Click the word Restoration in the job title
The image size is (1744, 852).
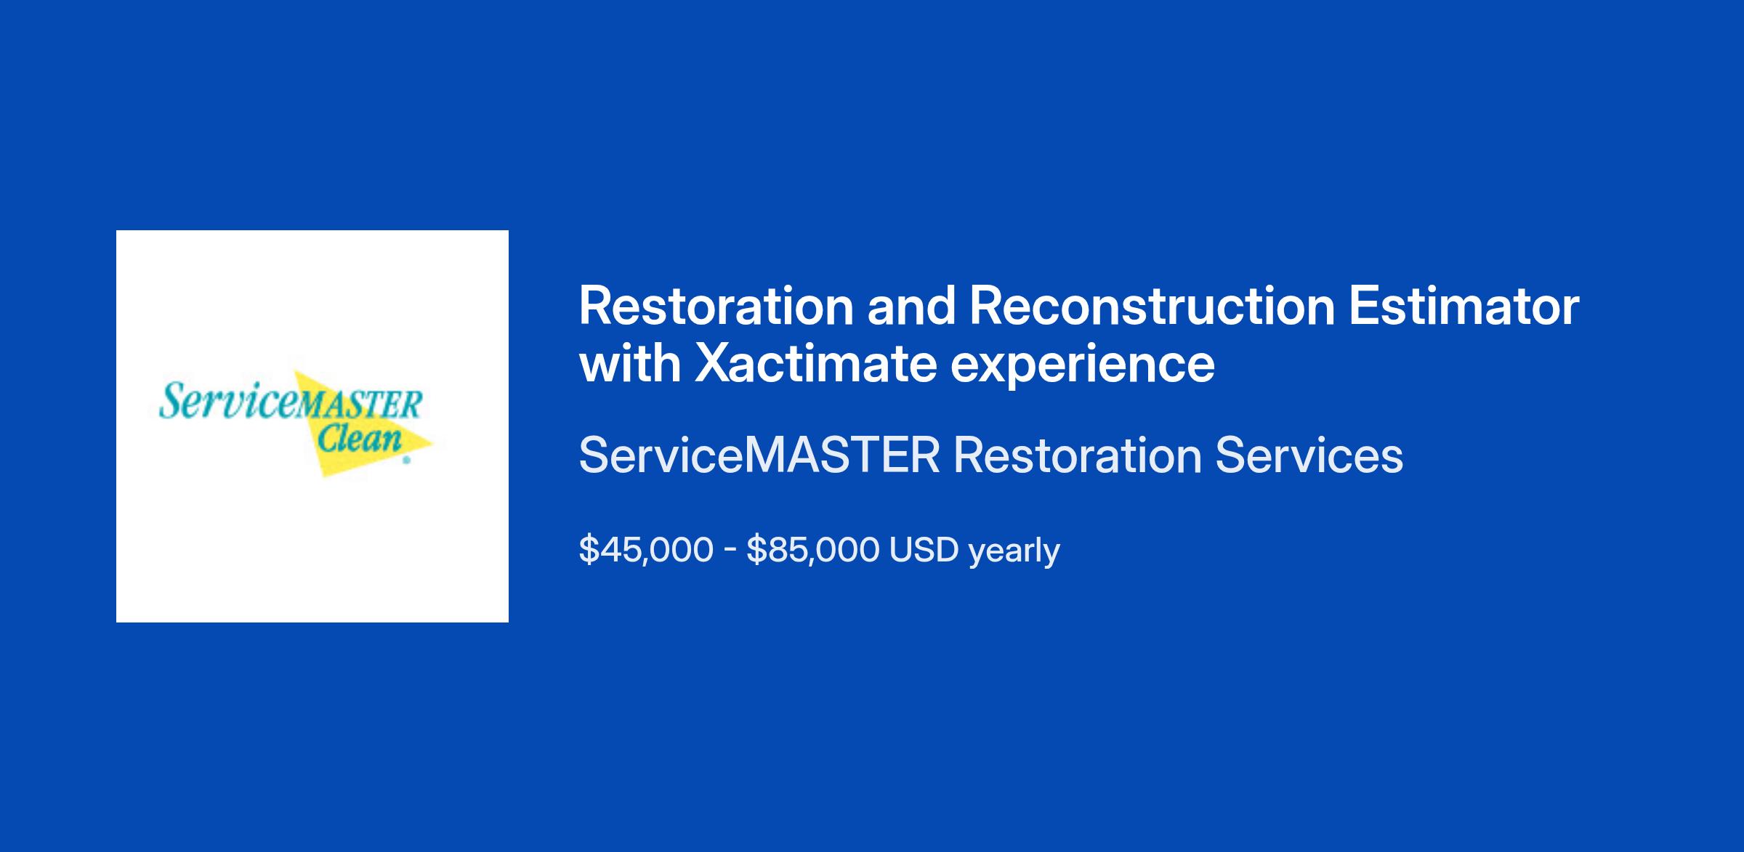pos(716,307)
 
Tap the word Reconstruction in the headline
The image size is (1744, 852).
pos(1152,307)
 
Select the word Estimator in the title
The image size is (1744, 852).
pos(1464,307)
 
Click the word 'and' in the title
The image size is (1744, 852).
pos(911,307)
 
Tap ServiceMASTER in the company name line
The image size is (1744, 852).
pos(759,455)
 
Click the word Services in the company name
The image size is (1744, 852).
pos(1309,455)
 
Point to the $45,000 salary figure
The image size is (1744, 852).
pos(646,550)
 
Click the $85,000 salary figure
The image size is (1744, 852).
pos(813,550)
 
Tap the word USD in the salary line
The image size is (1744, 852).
pos(924,550)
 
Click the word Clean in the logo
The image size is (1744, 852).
pos(360,439)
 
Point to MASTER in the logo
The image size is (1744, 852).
pos(358,405)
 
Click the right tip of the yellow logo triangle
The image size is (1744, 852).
pos(434,441)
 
